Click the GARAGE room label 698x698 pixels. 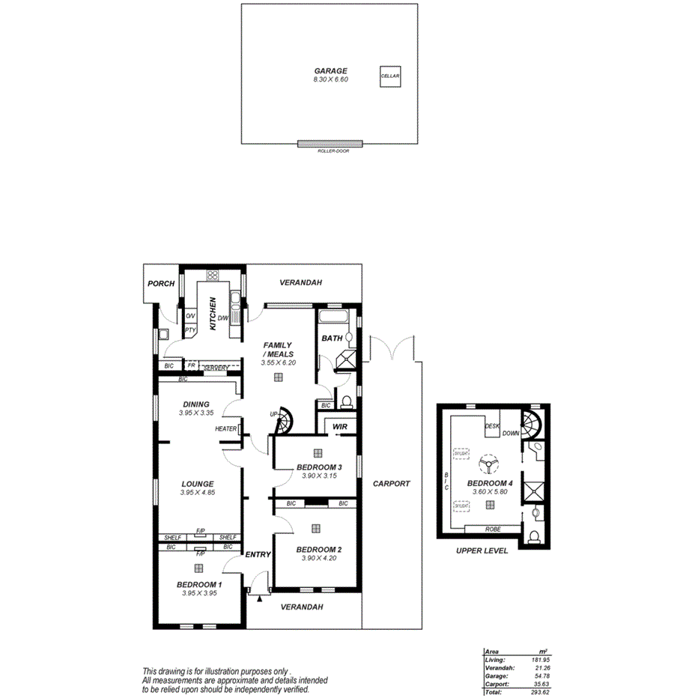click(330, 71)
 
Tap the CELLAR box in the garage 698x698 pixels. click(389, 76)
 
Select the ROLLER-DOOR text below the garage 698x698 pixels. click(330, 151)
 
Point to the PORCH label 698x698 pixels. click(161, 284)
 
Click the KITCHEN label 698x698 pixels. click(213, 313)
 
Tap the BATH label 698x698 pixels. click(332, 339)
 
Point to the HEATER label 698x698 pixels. click(225, 429)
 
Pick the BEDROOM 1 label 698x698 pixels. click(198, 584)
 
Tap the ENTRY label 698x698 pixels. click(258, 555)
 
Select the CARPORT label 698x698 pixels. click(392, 484)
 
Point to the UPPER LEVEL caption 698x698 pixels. click(482, 550)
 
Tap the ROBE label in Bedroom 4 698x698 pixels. click(492, 529)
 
